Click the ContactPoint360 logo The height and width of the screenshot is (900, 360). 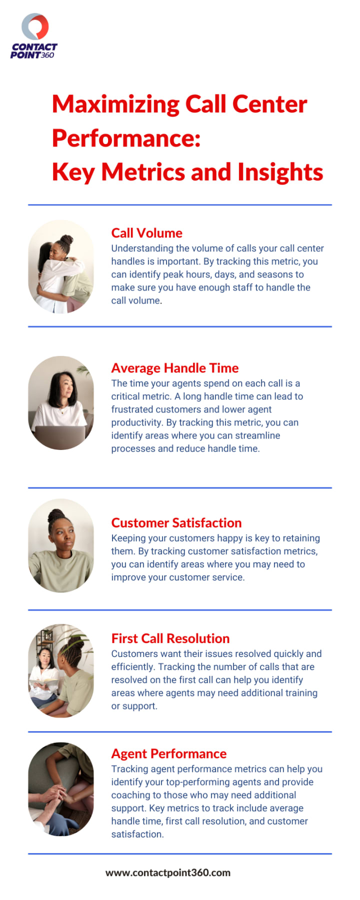(34, 36)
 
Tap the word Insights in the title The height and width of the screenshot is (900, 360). (280, 172)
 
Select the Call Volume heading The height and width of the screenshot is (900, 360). (146, 233)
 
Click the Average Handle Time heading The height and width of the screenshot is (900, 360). (175, 368)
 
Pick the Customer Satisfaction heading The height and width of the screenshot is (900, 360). (176, 522)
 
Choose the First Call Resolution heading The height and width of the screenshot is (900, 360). (170, 638)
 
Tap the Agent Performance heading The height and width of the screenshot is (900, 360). (169, 753)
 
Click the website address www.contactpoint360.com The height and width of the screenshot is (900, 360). (168, 872)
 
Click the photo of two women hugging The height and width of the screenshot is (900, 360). (61, 266)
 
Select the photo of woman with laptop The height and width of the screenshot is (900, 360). (61, 403)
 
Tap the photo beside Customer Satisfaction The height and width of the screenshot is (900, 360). (61, 545)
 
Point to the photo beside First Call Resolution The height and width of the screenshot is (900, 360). (61, 670)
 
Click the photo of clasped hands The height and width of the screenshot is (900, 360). (61, 789)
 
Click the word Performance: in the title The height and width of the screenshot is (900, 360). (126, 138)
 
